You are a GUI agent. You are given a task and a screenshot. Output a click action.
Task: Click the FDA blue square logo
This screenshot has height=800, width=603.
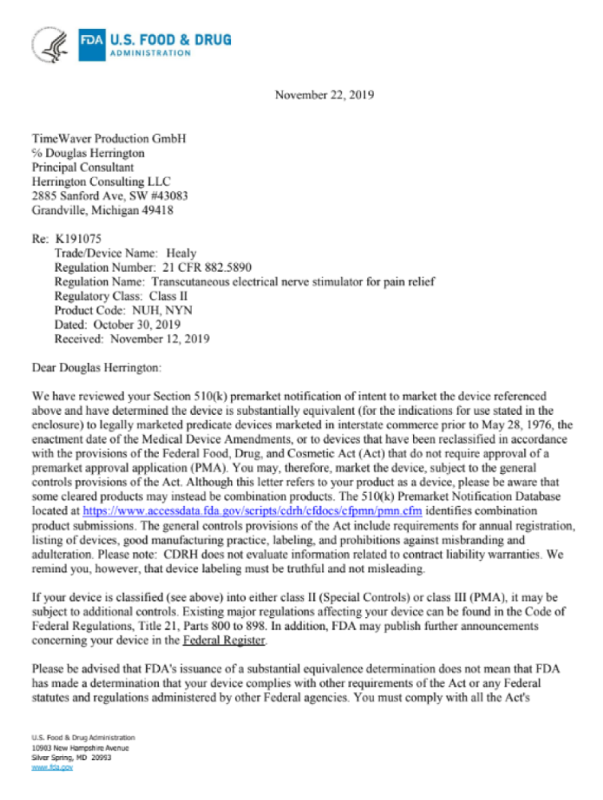pyautogui.click(x=92, y=42)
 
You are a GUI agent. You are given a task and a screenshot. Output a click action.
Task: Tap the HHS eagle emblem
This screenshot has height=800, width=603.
pyautogui.click(x=51, y=44)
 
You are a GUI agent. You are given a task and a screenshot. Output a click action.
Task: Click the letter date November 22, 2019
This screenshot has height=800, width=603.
pyautogui.click(x=324, y=95)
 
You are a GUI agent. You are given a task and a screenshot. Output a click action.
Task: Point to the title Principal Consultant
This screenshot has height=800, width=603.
pyautogui.click(x=82, y=167)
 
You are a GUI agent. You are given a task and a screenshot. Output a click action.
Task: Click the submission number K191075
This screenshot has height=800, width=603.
pyautogui.click(x=77, y=238)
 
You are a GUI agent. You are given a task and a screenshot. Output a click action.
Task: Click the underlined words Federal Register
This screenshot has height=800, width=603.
pyautogui.click(x=224, y=640)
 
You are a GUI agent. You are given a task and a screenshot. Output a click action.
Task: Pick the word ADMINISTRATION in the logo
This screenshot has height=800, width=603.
pyautogui.click(x=149, y=53)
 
